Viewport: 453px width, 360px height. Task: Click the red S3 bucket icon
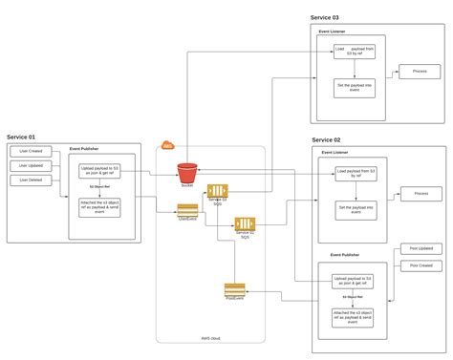pyautogui.click(x=186, y=173)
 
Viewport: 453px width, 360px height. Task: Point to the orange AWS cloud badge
pyautogui.click(x=168, y=145)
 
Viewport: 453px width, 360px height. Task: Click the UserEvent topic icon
pyautogui.click(x=187, y=209)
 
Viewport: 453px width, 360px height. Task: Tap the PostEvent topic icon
pyautogui.click(x=234, y=288)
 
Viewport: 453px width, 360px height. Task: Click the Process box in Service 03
pyautogui.click(x=419, y=72)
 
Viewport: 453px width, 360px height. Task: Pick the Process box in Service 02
pyautogui.click(x=420, y=194)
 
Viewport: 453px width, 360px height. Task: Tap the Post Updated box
pyautogui.click(x=421, y=248)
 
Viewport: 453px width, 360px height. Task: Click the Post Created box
pyautogui.click(x=421, y=265)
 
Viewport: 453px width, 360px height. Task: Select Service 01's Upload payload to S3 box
pyautogui.click(x=99, y=172)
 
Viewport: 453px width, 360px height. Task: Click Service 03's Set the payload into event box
pyautogui.click(x=355, y=87)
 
